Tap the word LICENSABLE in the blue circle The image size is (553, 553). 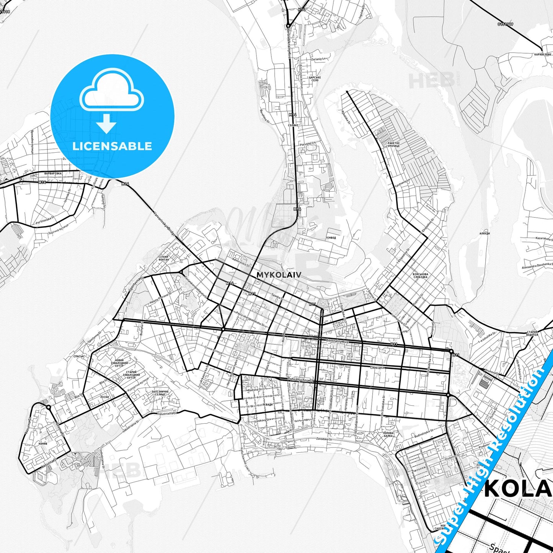(x=112, y=146)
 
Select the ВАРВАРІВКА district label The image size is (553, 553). (x=53, y=173)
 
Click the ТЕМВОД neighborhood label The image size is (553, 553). (x=331, y=238)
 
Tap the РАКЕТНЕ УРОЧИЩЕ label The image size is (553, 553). (x=393, y=144)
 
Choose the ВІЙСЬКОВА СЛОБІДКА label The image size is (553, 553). (x=421, y=276)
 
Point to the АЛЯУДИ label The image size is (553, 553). (x=484, y=233)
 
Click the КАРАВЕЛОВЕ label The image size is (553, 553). (x=543, y=55)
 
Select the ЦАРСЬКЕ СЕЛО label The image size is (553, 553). (x=315, y=79)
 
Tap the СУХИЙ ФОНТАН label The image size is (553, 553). (x=163, y=258)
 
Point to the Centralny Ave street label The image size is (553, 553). (x=338, y=341)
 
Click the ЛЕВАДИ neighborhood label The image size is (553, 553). (x=268, y=405)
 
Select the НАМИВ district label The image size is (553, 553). (x=43, y=444)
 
